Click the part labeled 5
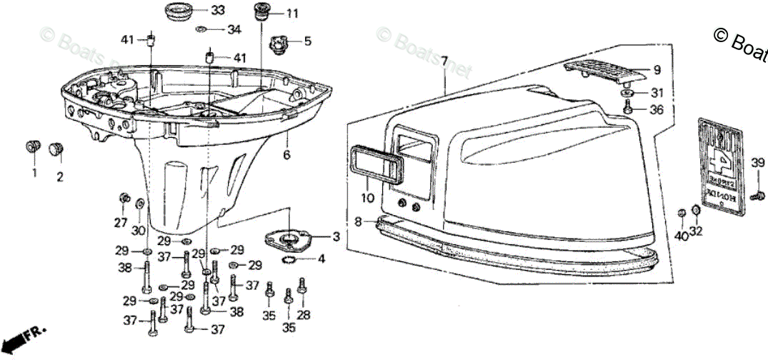(277, 45)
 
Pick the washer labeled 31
(627, 94)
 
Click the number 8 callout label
(359, 222)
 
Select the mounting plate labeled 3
(289, 237)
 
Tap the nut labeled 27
(124, 197)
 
